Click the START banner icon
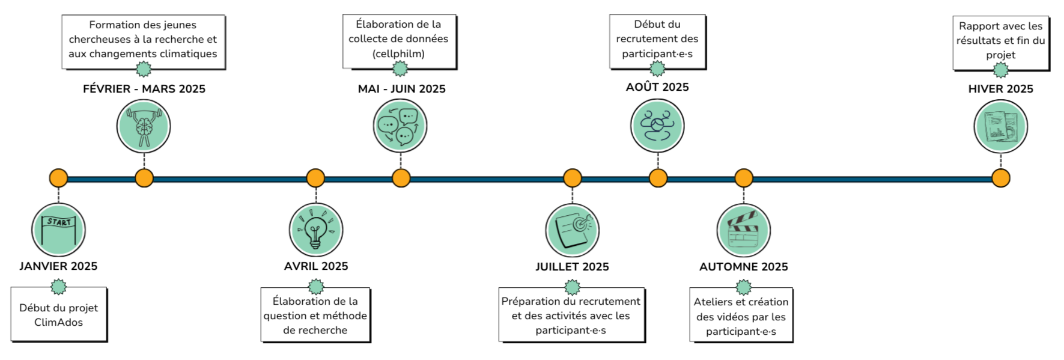click(x=58, y=230)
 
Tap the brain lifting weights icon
click(x=144, y=127)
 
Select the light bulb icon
click(x=316, y=230)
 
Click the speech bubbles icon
click(x=400, y=126)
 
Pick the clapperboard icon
click(x=744, y=231)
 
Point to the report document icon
click(x=1000, y=127)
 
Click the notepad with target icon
click(x=573, y=231)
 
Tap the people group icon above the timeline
click(x=657, y=126)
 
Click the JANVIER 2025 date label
click(x=58, y=266)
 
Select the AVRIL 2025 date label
click(x=316, y=266)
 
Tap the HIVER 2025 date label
click(x=1000, y=89)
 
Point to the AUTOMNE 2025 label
click(x=743, y=267)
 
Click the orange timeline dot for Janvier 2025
click(x=58, y=178)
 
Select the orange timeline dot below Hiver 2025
click(x=1000, y=178)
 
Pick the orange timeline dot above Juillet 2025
click(x=573, y=178)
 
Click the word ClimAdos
click(x=58, y=323)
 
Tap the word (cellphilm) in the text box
click(x=398, y=54)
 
